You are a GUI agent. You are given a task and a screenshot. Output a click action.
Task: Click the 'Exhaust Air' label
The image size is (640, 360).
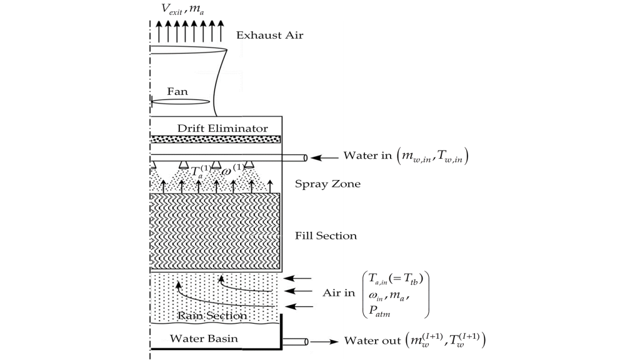(x=269, y=36)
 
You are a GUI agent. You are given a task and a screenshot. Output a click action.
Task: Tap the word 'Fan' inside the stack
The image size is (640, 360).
(x=177, y=91)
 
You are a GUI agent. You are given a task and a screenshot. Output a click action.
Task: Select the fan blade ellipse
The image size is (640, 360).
(x=179, y=101)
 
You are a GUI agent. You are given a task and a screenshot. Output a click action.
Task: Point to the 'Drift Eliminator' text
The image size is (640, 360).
(x=222, y=128)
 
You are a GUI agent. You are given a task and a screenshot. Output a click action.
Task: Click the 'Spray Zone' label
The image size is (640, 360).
(x=327, y=184)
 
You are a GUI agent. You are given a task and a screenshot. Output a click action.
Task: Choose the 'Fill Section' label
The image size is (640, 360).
(x=326, y=236)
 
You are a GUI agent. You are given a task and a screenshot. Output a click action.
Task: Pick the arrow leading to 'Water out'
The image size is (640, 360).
(x=325, y=341)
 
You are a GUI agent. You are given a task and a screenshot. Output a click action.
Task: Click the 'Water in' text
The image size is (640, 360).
(x=367, y=155)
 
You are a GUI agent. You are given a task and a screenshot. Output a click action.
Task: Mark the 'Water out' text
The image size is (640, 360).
(x=371, y=341)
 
